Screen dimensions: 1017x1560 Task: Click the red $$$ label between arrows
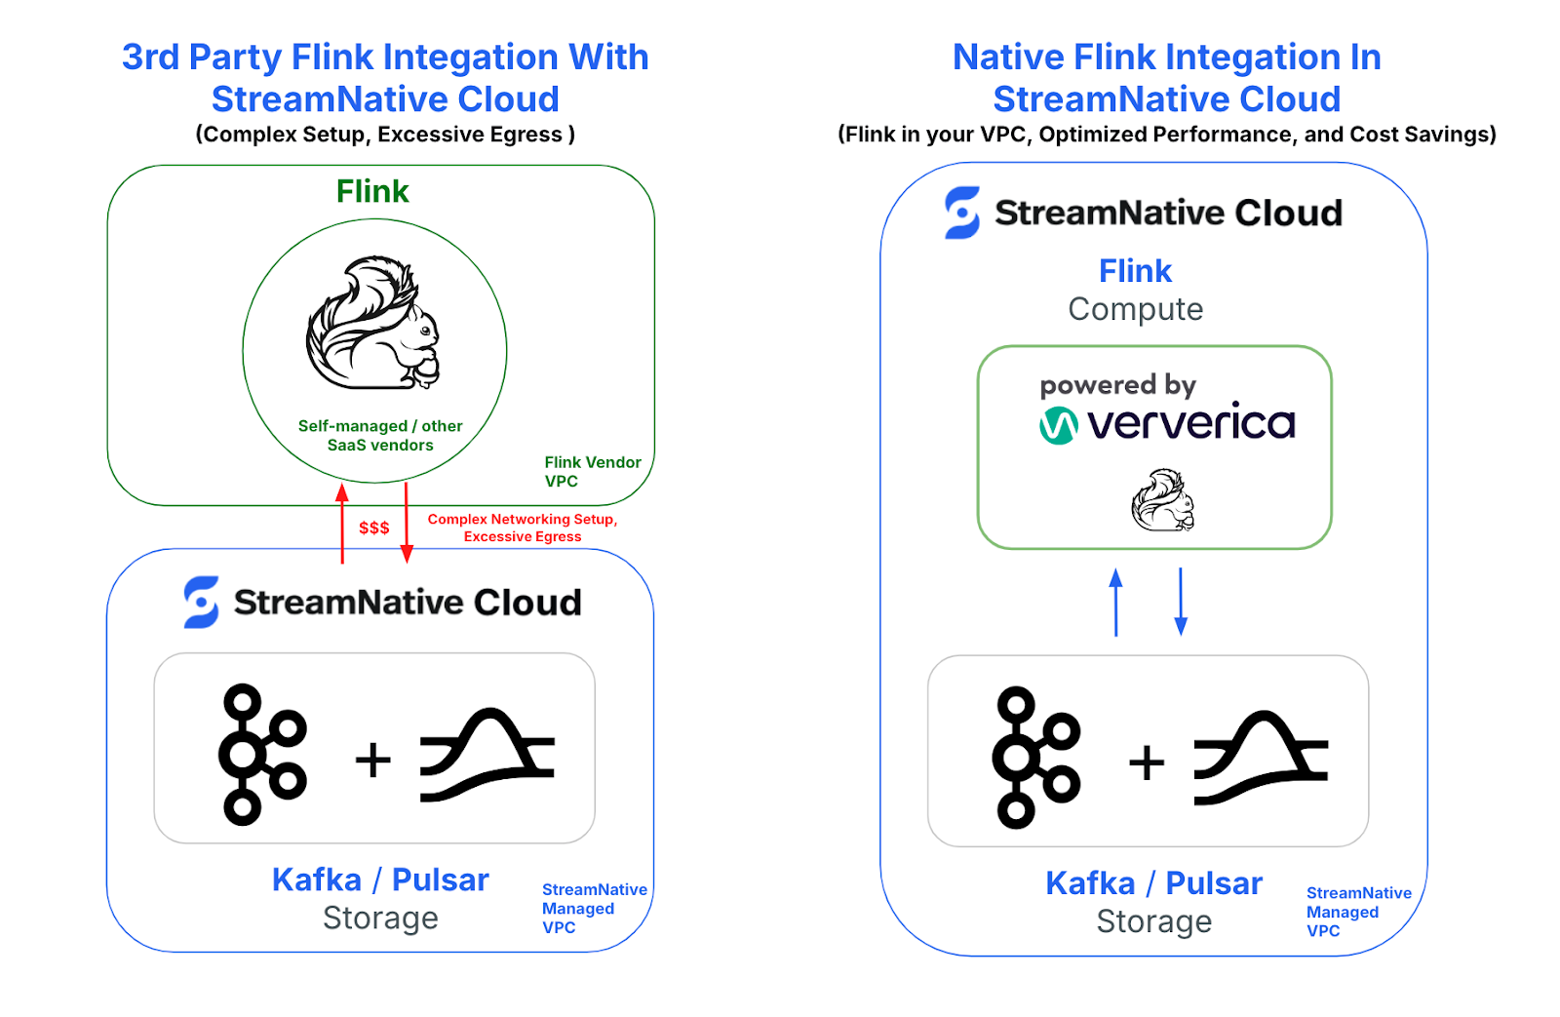(373, 528)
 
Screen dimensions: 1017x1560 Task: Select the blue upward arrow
(1116, 603)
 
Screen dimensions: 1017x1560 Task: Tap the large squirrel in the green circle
(373, 323)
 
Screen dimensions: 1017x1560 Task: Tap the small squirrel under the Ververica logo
(1162, 500)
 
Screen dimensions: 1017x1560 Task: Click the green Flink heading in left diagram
(372, 191)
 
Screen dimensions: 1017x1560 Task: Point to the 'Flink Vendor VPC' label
(592, 471)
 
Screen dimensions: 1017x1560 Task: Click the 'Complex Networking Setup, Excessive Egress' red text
(522, 528)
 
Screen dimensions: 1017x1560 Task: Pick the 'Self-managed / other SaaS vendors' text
(380, 435)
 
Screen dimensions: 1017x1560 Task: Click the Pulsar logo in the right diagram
(1261, 759)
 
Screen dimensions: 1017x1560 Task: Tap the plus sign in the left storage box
(372, 760)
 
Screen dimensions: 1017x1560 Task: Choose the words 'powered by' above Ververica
(1117, 385)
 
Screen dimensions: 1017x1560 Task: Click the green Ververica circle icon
(1058, 425)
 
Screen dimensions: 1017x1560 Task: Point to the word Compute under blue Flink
(1135, 309)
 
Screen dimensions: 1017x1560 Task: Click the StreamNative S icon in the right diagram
(962, 213)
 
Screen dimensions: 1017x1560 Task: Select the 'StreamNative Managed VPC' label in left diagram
(593, 908)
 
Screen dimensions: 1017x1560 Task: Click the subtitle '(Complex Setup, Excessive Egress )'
(385, 135)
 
